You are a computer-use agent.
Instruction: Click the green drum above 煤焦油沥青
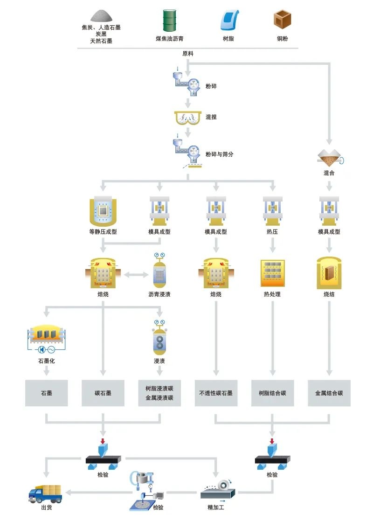(170, 21)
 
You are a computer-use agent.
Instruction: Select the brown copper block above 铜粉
(282, 20)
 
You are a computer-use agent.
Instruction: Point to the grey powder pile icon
(101, 16)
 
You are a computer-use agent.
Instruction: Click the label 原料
(188, 54)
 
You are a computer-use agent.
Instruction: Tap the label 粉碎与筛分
(219, 154)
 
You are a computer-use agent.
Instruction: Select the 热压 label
(273, 231)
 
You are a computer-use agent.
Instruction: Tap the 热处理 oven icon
(273, 273)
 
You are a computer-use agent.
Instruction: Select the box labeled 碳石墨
(103, 393)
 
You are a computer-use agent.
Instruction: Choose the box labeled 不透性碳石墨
(216, 393)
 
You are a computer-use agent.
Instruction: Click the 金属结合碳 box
(329, 393)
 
